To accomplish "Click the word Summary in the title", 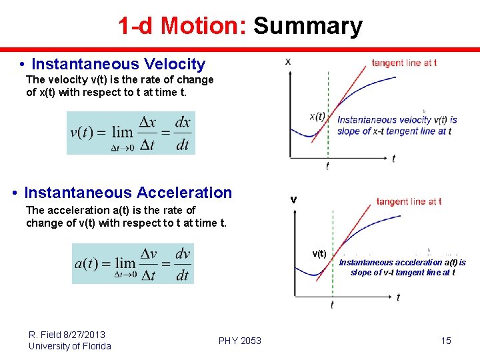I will pos(307,26).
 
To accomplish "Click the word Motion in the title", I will pos(203,26).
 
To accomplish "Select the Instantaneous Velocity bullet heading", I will pos(118,64).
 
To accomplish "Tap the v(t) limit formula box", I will pos(131,133).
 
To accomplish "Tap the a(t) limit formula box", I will pos(133,263).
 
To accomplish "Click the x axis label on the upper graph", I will pos(288,61).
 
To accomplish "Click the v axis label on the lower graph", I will pos(293,200).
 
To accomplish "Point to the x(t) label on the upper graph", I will pos(317,115).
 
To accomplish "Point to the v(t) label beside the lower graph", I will pos(319,253).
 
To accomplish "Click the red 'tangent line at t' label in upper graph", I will pos(404,63).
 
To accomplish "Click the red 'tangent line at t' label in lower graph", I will pos(409,201).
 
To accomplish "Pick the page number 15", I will pos(446,341).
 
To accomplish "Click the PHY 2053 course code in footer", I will pos(240,341).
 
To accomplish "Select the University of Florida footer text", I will pos(70,346).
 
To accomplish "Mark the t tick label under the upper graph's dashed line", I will pos(327,166).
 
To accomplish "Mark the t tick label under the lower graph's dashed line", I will pos(332,305).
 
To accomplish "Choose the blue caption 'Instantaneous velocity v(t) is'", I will pos(397,120).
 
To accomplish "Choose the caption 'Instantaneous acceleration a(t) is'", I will pos(403,263).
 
